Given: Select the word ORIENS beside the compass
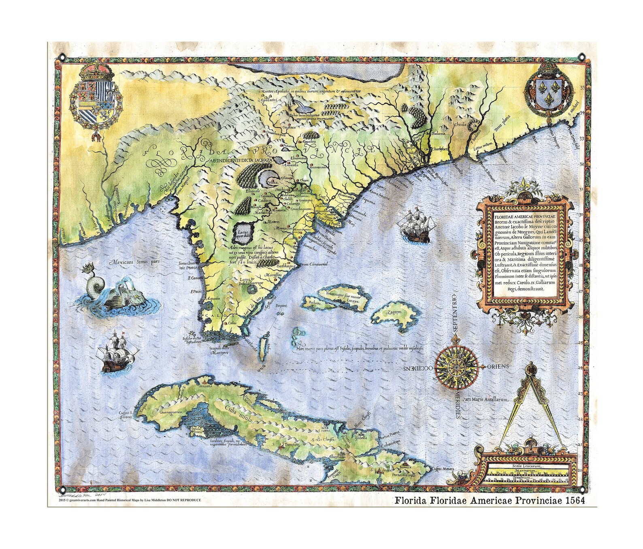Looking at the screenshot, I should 499,366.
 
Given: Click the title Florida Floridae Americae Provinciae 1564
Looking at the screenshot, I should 489,500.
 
